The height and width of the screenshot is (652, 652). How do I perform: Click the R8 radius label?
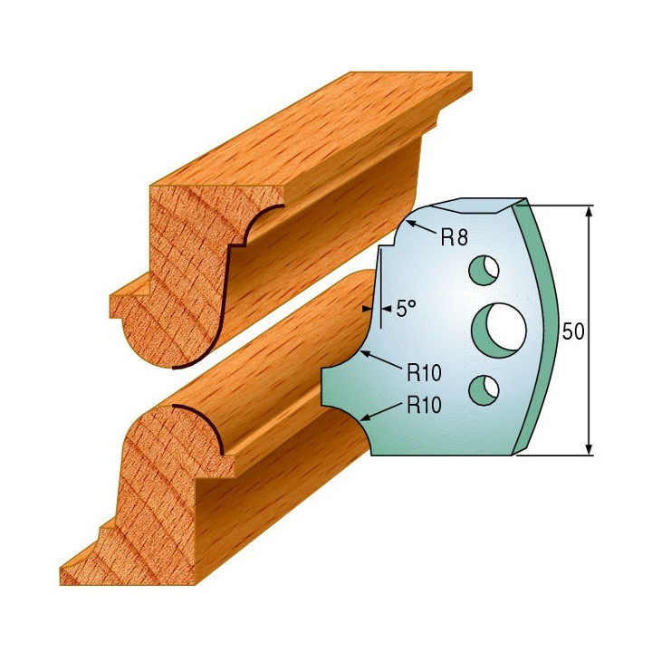click(454, 237)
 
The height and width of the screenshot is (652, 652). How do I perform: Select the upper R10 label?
click(424, 372)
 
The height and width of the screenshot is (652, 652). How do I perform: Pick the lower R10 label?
click(424, 405)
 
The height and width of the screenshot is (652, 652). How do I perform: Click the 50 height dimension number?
click(573, 331)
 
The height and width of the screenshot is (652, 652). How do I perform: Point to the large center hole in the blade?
click(499, 331)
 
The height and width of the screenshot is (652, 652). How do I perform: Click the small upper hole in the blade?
click(484, 270)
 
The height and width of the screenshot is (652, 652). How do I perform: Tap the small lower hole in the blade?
click(484, 389)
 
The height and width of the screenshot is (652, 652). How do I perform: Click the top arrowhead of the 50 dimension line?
click(589, 212)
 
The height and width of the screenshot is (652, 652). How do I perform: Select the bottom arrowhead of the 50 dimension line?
click(589, 448)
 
